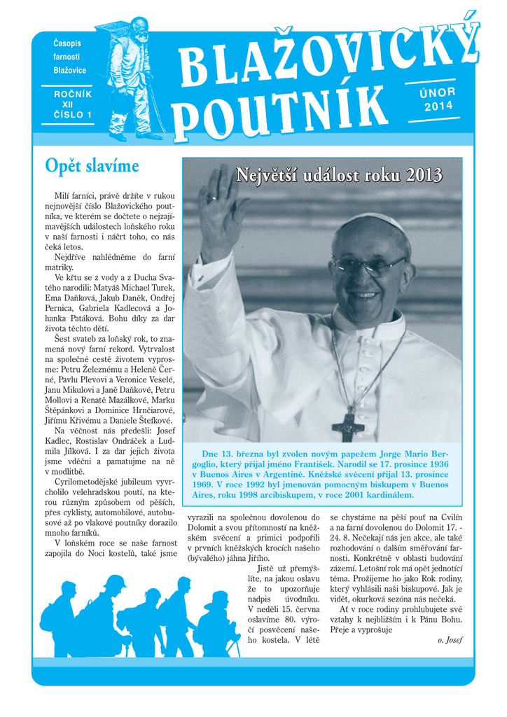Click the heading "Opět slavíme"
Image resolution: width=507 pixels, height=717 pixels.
click(92, 167)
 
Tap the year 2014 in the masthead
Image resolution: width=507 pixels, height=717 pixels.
click(439, 106)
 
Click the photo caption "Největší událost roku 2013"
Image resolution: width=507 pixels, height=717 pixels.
click(339, 175)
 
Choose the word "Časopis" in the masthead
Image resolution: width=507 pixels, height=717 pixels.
click(68, 44)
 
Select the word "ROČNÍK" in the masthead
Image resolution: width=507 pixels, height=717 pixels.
click(73, 93)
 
